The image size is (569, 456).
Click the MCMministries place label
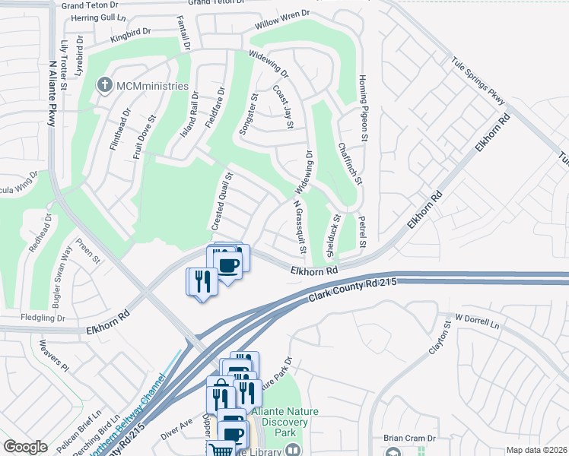pyautogui.click(x=151, y=86)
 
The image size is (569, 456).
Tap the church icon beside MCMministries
pyautogui.click(x=104, y=85)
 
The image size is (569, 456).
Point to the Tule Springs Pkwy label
pyautogui.click(x=478, y=80)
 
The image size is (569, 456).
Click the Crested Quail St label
pyautogui.click(x=221, y=201)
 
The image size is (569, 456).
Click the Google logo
pyautogui.click(x=25, y=447)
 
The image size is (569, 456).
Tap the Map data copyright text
pyautogui.click(x=537, y=450)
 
